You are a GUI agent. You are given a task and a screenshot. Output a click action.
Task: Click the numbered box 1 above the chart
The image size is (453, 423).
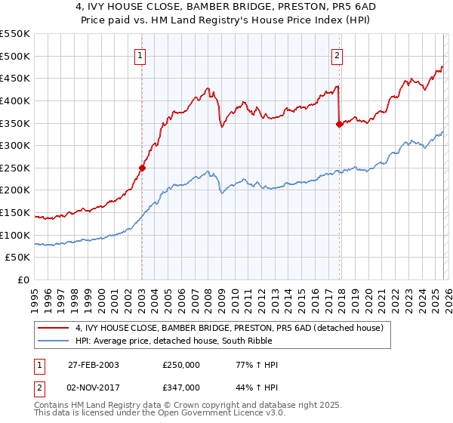tap(141, 54)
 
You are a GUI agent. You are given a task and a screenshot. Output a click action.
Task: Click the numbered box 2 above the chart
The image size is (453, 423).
tap(337, 54)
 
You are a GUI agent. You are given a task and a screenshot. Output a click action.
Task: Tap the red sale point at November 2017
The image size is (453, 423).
tap(339, 125)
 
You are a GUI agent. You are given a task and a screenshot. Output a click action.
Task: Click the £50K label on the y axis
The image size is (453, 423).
tap(17, 258)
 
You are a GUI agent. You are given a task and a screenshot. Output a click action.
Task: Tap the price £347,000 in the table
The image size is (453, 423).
tap(181, 387)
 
